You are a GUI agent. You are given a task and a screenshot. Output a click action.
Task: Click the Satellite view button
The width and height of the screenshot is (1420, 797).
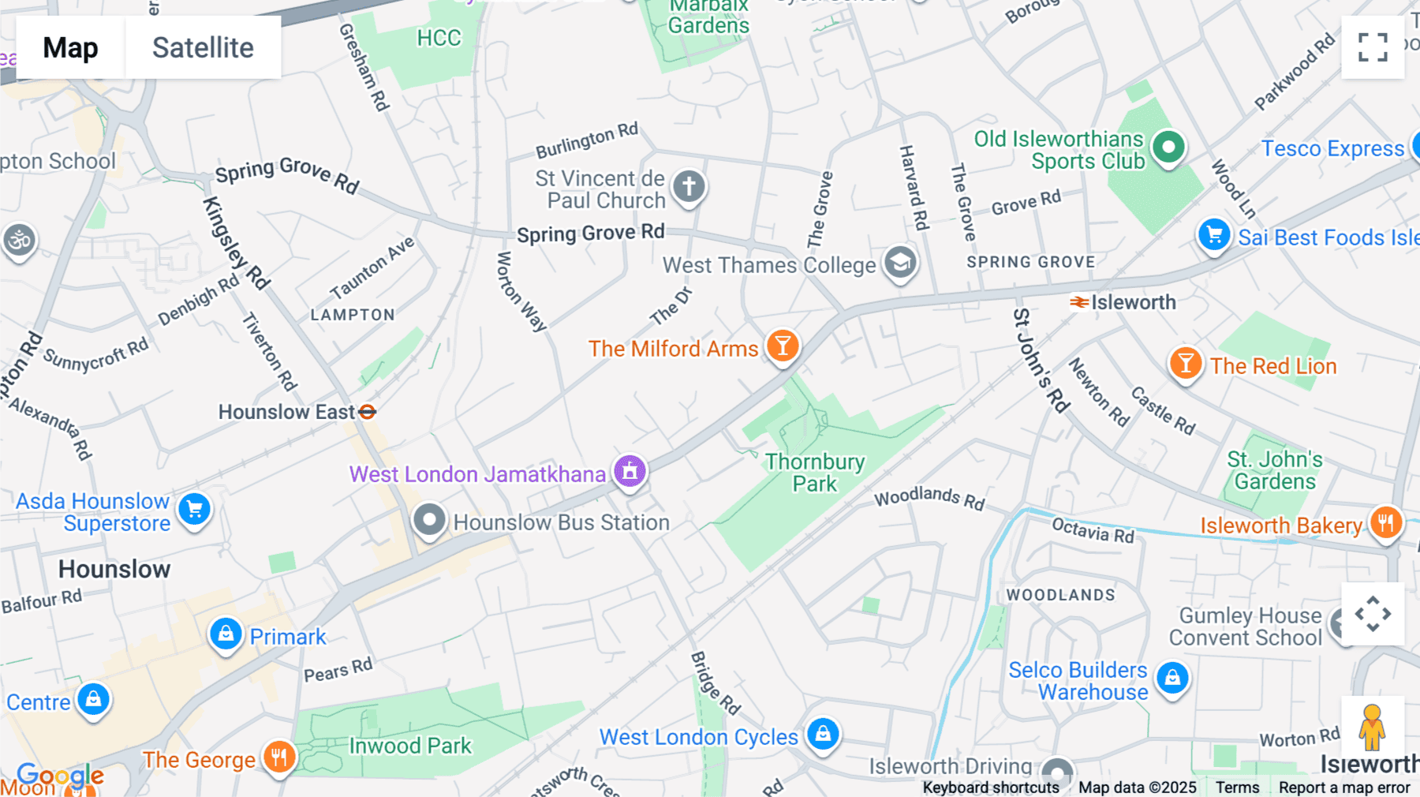[x=203, y=47]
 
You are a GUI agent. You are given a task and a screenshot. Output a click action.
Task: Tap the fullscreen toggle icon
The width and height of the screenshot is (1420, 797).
[x=1373, y=47]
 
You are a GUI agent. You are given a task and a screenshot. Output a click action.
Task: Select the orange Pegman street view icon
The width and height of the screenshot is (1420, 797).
[x=1372, y=728]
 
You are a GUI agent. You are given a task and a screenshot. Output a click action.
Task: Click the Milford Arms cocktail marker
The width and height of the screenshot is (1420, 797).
[x=783, y=346]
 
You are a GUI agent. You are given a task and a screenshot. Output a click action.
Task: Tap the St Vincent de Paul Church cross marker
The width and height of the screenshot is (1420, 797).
[x=689, y=187]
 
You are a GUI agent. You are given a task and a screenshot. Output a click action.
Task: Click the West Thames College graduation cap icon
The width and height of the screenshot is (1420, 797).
[x=900, y=263]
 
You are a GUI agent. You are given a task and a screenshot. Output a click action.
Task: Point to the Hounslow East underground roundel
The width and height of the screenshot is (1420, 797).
[x=368, y=412]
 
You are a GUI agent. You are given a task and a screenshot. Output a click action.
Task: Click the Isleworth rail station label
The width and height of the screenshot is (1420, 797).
[x=1132, y=302]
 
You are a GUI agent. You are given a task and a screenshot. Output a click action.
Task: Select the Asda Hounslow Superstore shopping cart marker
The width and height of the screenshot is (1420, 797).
[x=195, y=509]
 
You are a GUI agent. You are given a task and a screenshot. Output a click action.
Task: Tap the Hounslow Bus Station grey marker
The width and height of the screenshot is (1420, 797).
[x=430, y=520]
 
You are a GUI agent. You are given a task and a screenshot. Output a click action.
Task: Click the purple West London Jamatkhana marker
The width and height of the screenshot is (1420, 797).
[x=630, y=472]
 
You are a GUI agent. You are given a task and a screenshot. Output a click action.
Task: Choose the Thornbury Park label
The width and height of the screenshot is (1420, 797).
[x=815, y=473]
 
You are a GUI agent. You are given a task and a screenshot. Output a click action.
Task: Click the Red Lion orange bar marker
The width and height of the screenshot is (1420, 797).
[x=1185, y=364]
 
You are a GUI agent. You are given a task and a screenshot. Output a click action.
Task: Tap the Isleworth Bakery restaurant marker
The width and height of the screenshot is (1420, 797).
[x=1386, y=522]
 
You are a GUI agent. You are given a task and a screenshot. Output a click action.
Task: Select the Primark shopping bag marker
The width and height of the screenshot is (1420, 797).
[x=226, y=634]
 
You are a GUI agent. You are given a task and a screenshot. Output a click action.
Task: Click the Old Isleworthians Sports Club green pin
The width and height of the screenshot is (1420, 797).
[x=1168, y=147]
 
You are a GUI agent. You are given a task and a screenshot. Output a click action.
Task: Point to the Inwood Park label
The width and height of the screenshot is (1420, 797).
[x=410, y=746]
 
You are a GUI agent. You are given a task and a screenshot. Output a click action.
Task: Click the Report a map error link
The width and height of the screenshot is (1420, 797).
[x=1344, y=788]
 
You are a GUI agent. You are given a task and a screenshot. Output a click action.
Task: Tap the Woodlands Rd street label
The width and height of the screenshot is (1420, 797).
[x=929, y=498]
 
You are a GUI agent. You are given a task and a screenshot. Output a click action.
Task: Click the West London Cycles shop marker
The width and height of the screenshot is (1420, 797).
[x=823, y=734]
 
